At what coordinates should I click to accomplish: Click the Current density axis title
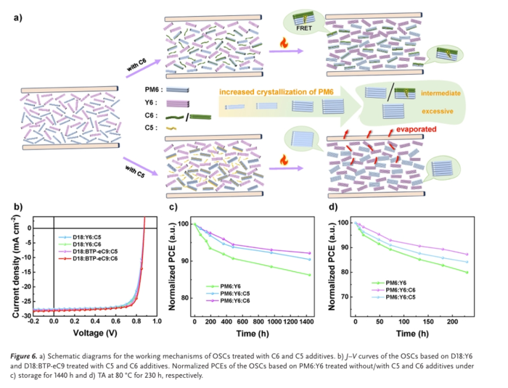click(16, 264)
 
